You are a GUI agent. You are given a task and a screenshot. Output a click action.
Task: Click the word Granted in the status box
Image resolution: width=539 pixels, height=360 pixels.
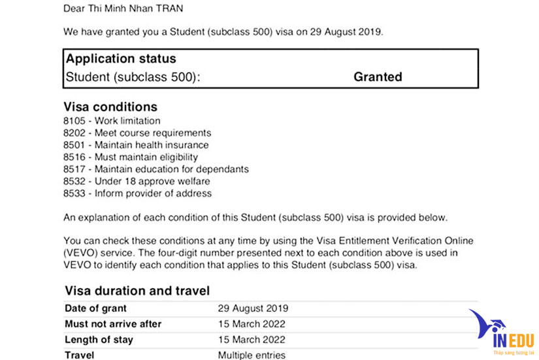tap(378, 77)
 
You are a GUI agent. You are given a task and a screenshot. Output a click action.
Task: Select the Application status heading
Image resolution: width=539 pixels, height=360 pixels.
tap(121, 59)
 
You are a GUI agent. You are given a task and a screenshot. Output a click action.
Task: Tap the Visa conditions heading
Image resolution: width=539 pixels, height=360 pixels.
tap(110, 106)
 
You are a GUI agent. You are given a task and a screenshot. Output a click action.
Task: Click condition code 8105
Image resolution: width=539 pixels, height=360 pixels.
tap(75, 121)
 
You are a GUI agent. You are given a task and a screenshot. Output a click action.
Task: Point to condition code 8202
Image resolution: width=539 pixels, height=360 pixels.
tap(75, 133)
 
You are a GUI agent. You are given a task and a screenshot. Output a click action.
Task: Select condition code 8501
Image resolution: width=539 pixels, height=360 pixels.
tap(75, 145)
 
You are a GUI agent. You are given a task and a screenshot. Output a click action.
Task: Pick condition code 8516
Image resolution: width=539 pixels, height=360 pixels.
tap(75, 157)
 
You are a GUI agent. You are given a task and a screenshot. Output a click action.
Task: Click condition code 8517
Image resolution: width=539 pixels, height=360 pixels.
tap(75, 169)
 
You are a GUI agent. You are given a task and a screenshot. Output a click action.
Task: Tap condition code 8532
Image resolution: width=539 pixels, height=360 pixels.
tap(75, 181)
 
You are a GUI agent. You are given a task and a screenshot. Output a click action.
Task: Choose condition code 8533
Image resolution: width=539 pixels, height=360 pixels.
tap(75, 193)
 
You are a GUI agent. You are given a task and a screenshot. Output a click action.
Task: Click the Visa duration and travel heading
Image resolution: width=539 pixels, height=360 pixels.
tap(137, 291)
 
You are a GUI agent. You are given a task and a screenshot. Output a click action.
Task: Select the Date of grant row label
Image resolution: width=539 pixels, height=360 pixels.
tap(95, 308)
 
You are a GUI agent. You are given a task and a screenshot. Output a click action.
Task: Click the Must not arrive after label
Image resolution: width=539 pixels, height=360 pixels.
tap(113, 324)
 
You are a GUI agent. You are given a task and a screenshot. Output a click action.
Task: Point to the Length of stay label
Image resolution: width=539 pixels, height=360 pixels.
tap(99, 340)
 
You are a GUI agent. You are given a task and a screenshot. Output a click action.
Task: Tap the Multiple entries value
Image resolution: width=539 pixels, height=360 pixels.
tap(252, 355)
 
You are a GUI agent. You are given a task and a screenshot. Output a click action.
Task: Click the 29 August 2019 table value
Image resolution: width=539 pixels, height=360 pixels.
tap(253, 308)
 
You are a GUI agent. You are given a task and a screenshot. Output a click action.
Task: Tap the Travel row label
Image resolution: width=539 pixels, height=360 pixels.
tap(79, 355)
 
